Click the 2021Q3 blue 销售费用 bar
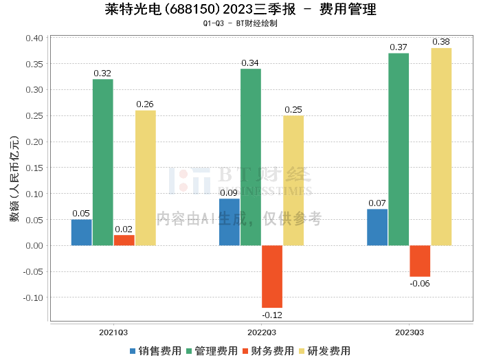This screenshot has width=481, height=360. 81,232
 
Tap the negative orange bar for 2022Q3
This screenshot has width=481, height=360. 272,276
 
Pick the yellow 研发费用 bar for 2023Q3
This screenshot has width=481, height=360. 441,146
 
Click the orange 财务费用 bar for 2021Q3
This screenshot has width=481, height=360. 124,240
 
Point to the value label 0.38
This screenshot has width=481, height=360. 441,42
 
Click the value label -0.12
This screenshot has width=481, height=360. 272,315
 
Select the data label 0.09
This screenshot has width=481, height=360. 230,192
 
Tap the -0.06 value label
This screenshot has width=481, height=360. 420,284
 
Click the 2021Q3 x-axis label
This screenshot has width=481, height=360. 113,332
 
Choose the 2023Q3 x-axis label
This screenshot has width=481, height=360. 410,332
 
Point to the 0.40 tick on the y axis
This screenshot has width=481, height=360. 34,38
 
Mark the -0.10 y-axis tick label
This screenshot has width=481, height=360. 33,297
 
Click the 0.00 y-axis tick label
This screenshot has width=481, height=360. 34,245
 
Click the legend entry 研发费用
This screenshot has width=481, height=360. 327,350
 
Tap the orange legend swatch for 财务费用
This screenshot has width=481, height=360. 245,350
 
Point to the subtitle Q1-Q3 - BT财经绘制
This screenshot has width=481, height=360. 240,23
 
